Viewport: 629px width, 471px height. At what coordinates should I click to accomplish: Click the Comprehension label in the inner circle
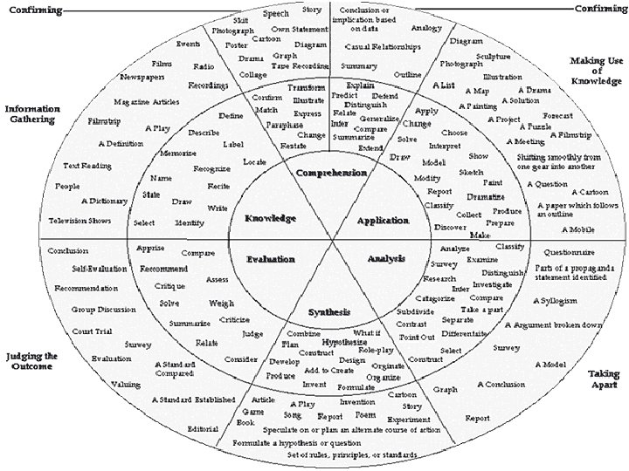[x=331, y=173]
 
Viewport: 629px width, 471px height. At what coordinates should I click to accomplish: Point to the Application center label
[x=383, y=221]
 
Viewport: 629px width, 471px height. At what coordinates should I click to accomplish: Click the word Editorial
[x=203, y=428]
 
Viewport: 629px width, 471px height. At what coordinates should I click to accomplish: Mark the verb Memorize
[x=178, y=154]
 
